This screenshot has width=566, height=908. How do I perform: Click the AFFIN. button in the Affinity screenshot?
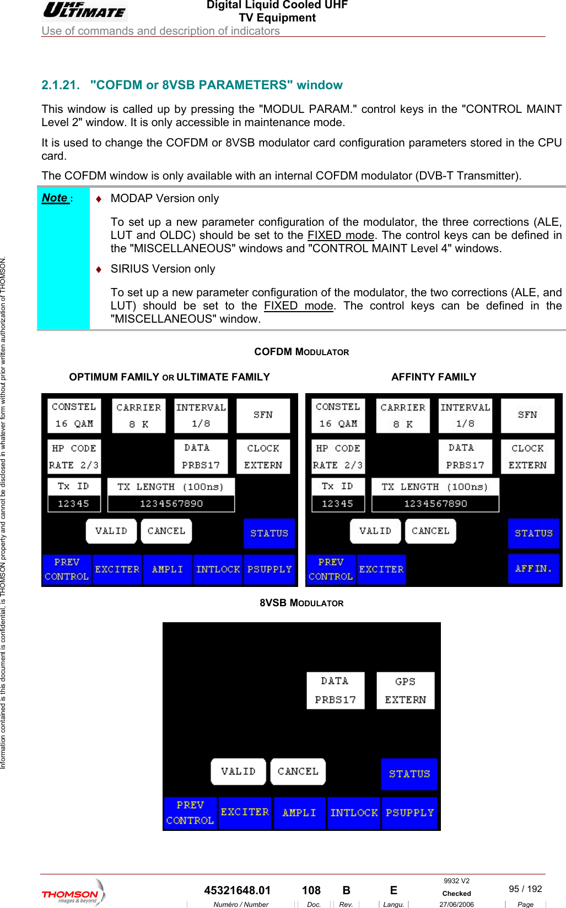533,569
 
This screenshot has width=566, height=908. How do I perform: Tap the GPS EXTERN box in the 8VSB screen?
405,690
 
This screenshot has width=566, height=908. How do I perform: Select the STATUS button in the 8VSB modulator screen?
409,774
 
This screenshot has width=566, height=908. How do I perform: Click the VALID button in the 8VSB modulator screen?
238,771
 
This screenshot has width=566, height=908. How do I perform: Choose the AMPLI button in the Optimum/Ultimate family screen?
167,569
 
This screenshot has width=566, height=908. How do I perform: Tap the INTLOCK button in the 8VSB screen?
354,813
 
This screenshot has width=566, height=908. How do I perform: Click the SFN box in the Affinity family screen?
527,415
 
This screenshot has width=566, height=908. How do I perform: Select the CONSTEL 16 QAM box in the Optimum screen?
74,415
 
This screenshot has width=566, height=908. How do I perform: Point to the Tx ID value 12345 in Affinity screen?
337,503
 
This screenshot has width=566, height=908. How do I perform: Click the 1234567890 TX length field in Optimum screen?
171,503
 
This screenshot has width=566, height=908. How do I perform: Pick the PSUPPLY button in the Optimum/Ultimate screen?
269,569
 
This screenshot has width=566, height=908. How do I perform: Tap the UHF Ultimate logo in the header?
84,10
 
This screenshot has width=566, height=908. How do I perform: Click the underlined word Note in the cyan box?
55,198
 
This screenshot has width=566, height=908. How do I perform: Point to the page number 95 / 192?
525,889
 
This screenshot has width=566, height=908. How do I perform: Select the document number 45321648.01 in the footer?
237,890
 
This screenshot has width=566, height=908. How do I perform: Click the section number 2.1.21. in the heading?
60,85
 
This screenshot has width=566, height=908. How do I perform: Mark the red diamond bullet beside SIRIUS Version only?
99,269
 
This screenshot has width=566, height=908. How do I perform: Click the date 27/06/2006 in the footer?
456,904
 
